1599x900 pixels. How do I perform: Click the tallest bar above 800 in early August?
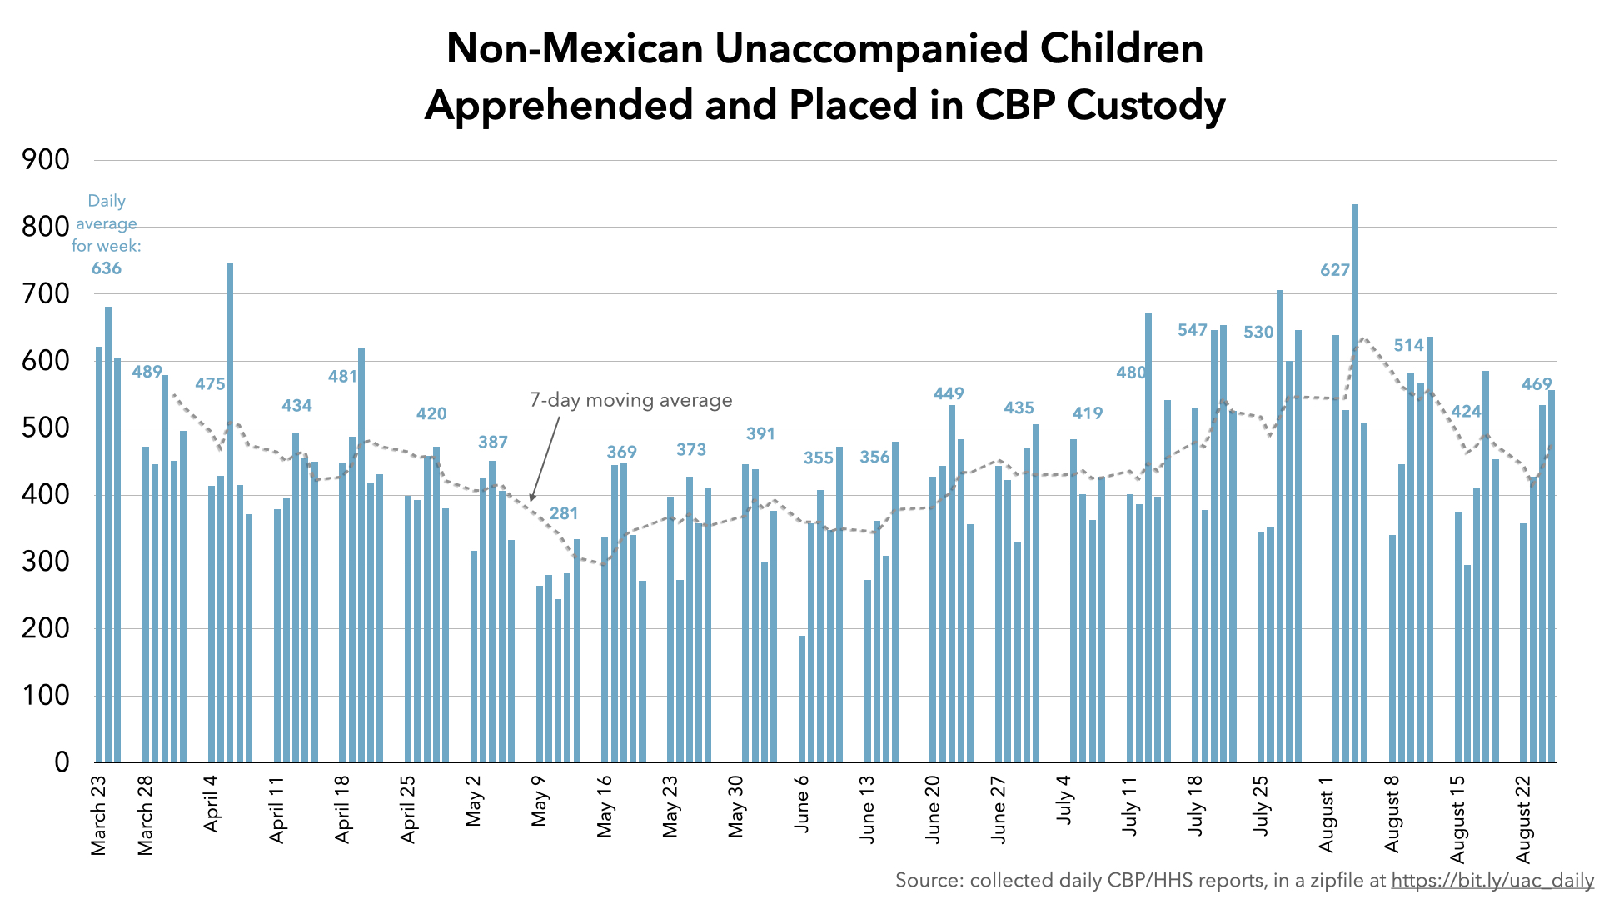(1355, 483)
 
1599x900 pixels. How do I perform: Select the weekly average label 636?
(107, 268)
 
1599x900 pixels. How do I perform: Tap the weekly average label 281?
(564, 513)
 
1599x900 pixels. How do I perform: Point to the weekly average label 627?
(1335, 270)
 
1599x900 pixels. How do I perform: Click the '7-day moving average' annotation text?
(631, 401)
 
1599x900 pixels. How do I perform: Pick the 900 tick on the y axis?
(47, 160)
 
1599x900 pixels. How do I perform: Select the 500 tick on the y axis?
(47, 428)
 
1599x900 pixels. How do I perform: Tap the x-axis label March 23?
(98, 817)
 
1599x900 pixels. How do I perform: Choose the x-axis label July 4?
(1064, 800)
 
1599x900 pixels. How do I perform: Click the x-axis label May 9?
(540, 801)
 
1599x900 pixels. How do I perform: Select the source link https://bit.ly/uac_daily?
(1492, 880)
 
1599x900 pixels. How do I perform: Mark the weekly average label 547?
(1193, 330)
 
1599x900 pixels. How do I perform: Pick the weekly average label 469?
(1537, 384)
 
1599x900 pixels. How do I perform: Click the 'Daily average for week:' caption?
(107, 223)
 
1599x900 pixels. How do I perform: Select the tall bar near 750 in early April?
(230, 512)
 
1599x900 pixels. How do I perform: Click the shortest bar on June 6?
(802, 699)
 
